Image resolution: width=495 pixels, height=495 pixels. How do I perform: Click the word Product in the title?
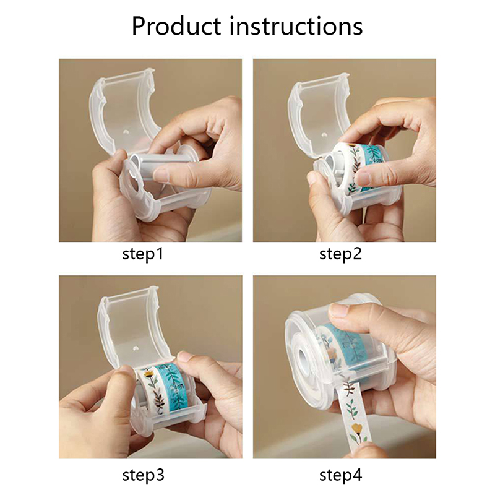(x=176, y=25)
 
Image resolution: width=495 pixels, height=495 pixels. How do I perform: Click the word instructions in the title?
(x=296, y=25)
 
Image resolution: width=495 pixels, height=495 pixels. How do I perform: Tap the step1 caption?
(x=143, y=254)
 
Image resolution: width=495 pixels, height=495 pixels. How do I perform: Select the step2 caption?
(x=340, y=254)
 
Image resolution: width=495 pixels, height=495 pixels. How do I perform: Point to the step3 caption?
(x=144, y=475)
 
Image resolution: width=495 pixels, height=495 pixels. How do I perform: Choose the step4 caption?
(x=341, y=475)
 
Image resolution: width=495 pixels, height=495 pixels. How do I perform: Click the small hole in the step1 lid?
(x=126, y=131)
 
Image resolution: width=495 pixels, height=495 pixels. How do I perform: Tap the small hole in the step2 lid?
(x=324, y=135)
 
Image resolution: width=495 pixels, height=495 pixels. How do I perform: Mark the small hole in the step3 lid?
(x=136, y=348)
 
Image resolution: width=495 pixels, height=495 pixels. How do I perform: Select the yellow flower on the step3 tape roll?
(x=148, y=374)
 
